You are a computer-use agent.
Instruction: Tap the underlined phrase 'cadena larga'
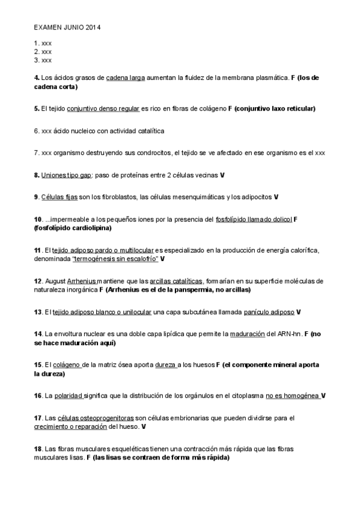pos(126,78)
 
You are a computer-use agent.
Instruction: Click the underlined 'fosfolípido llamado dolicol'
pos(253,220)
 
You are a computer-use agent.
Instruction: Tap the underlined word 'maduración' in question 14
pos(246,334)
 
